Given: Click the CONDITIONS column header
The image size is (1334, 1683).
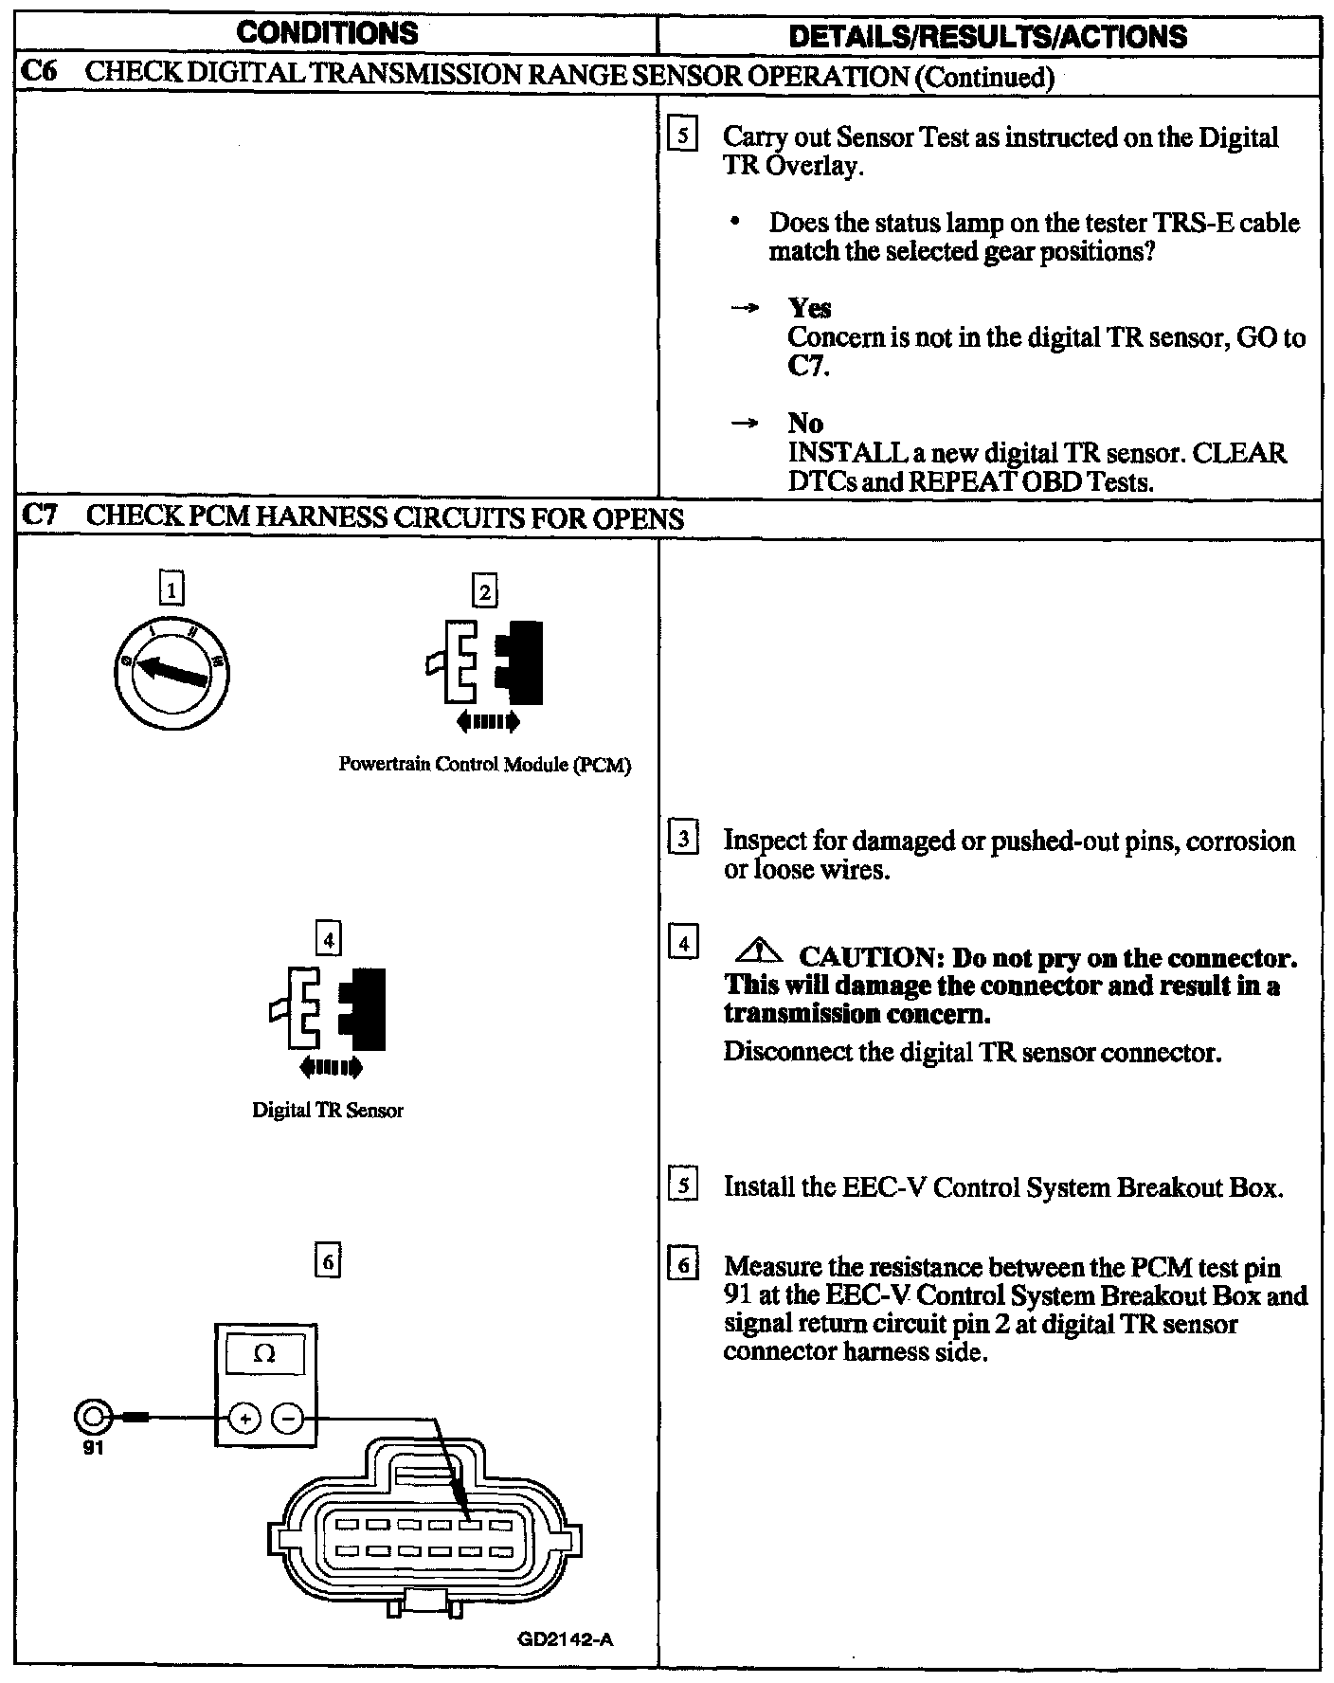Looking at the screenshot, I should click(x=327, y=34).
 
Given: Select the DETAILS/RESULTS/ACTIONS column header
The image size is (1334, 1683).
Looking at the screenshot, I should click(x=987, y=36).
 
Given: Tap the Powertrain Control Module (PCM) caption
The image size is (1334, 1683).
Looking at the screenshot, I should click(x=484, y=766).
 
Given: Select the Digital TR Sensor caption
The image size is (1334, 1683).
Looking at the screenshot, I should click(x=328, y=1111).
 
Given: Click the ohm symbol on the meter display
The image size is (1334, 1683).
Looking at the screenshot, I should click(x=265, y=1354).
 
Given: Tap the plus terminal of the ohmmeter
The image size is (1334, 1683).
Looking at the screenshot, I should click(x=244, y=1419).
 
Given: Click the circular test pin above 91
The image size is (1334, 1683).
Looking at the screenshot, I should click(x=93, y=1418).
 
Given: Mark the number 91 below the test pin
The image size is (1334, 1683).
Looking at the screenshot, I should click(x=93, y=1449).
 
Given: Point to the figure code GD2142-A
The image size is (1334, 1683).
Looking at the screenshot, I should click(x=566, y=1638).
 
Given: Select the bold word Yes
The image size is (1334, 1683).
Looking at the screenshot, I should click(x=809, y=308).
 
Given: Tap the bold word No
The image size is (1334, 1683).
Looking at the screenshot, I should click(x=805, y=423).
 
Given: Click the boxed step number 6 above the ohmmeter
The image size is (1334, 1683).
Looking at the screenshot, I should click(x=327, y=1262).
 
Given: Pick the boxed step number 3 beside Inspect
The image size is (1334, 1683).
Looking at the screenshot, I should click(x=683, y=839).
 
